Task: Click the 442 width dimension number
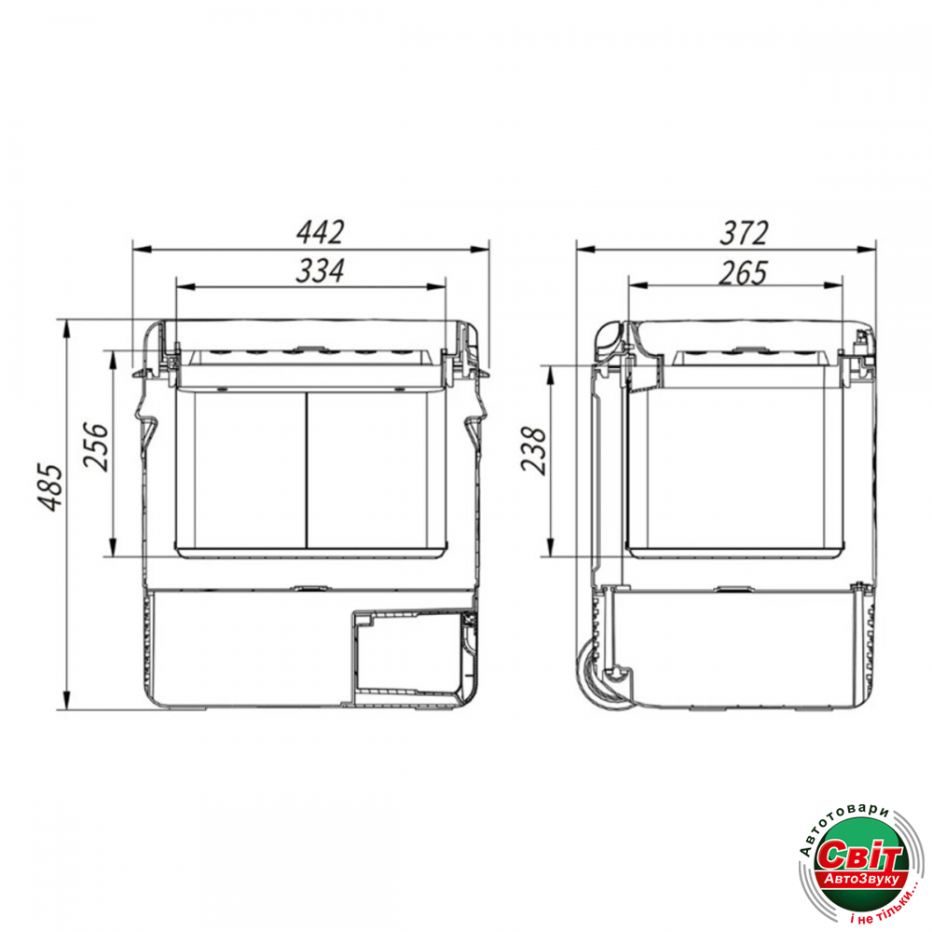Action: point(320,232)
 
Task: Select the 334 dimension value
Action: point(320,271)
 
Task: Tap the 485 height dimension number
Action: point(50,487)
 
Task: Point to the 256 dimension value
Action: point(96,446)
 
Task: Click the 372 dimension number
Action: point(744,232)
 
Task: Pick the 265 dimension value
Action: point(743,273)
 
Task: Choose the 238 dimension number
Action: point(533,450)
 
